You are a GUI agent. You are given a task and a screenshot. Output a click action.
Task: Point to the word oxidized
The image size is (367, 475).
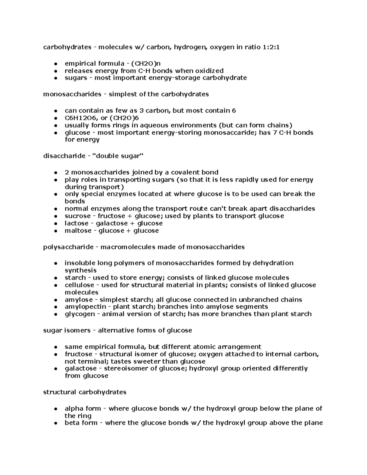(x=209, y=71)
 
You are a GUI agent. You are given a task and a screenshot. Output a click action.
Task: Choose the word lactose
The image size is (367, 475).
(x=76, y=223)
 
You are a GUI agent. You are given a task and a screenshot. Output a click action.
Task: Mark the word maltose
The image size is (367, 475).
(x=77, y=231)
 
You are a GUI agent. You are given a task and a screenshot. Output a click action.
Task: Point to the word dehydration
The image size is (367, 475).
(x=272, y=263)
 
